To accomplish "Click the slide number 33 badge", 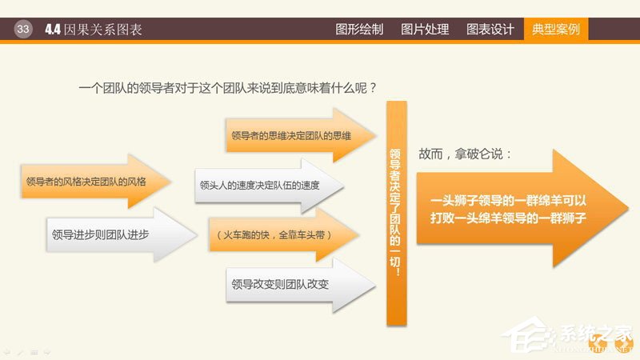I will tap(22, 30).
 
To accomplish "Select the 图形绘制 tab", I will tap(358, 30).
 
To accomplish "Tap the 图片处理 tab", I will tap(424, 30).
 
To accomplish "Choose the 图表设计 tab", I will tap(490, 30).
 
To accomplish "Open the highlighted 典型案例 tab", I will tap(555, 30).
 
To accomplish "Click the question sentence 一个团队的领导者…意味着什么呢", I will tap(228, 87).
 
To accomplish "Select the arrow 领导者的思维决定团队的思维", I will tap(291, 136).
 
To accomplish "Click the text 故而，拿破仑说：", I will tap(465, 153).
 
